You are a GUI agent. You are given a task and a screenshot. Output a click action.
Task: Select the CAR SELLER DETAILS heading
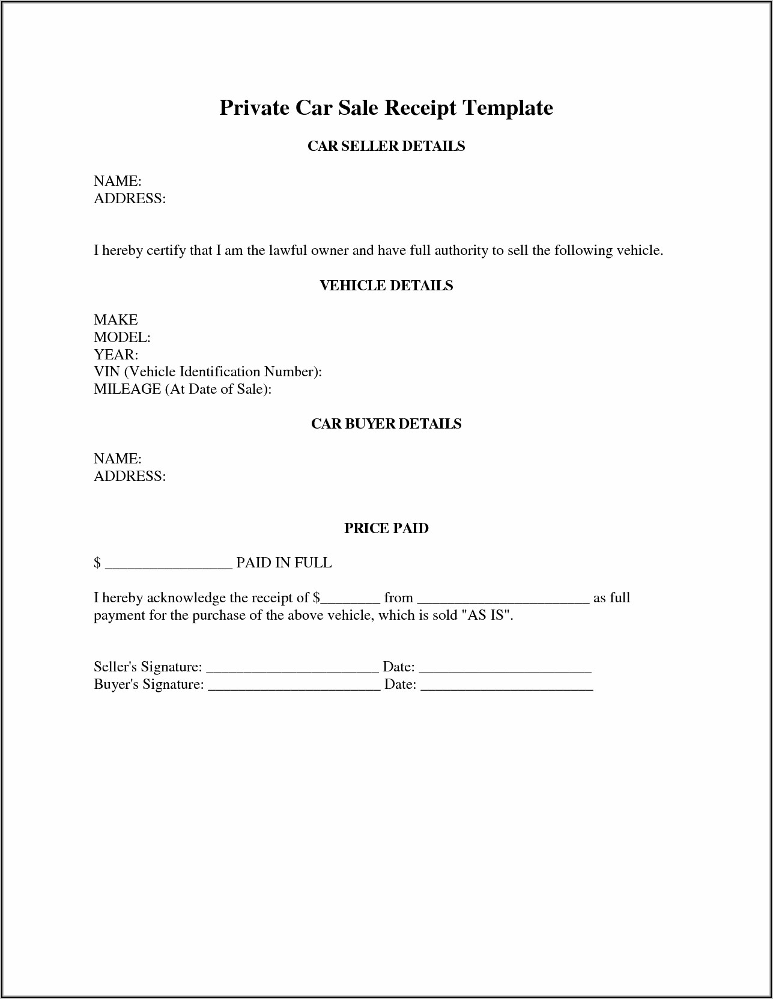click(x=386, y=146)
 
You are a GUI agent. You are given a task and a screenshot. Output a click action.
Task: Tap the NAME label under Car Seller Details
click(x=118, y=181)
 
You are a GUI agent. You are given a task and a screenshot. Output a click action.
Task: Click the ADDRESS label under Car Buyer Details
click(x=130, y=476)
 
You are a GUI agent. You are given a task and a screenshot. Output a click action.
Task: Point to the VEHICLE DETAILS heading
click(x=386, y=286)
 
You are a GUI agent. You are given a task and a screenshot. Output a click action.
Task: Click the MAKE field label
click(x=116, y=320)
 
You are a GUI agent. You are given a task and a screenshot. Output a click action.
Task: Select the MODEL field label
click(x=122, y=337)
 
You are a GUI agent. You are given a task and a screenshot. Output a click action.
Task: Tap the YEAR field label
click(x=116, y=355)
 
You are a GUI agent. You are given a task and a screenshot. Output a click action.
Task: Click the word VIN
click(x=107, y=372)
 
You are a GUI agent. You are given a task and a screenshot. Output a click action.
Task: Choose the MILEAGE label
click(x=127, y=390)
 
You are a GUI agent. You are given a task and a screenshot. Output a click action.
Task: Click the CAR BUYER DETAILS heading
click(x=386, y=424)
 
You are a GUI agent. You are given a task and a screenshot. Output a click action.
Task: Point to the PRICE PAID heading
click(x=386, y=528)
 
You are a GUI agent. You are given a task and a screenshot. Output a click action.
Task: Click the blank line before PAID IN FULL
click(x=168, y=565)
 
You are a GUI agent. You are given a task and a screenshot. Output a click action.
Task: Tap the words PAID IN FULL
click(x=284, y=563)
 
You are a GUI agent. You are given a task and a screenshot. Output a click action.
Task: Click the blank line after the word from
click(x=503, y=600)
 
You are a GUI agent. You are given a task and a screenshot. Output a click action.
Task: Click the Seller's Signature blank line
click(x=293, y=669)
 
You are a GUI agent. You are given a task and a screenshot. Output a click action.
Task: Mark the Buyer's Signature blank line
click(x=294, y=686)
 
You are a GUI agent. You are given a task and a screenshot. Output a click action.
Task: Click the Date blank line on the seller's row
click(x=505, y=669)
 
